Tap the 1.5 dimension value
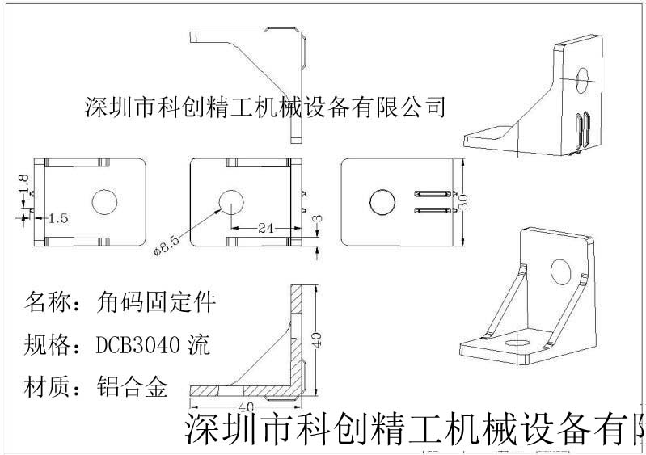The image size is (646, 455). (x=58, y=218)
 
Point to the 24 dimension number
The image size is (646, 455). (x=262, y=229)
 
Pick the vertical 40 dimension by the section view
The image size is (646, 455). (x=317, y=339)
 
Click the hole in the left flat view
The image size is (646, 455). (x=104, y=202)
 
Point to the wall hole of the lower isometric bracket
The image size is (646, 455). (x=559, y=271)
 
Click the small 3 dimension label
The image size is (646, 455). (x=319, y=219)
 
